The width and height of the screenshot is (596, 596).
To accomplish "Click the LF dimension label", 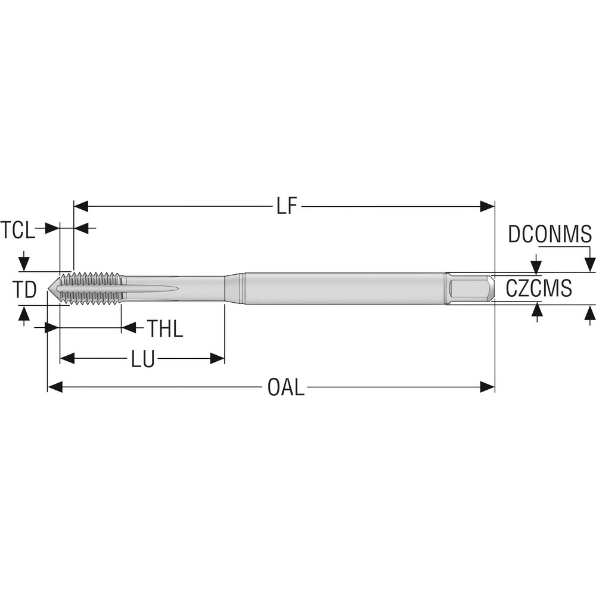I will (287, 207).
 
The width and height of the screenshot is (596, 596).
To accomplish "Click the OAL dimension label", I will (286, 387).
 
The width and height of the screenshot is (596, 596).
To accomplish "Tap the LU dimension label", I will (143, 359).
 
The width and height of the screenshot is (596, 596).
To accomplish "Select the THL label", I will (165, 328).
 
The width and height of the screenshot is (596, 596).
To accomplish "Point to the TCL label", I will (18, 229).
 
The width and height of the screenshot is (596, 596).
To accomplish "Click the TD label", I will (25, 290).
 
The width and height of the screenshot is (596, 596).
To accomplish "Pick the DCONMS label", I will (550, 235).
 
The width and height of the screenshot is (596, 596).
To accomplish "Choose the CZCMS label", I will (539, 288).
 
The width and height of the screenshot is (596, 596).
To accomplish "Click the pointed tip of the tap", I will (51, 288).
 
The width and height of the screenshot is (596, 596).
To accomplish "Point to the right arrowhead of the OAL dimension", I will (488, 387).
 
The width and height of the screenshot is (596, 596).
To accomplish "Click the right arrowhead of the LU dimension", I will (217, 359).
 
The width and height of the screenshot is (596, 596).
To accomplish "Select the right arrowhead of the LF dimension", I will (488, 207).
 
